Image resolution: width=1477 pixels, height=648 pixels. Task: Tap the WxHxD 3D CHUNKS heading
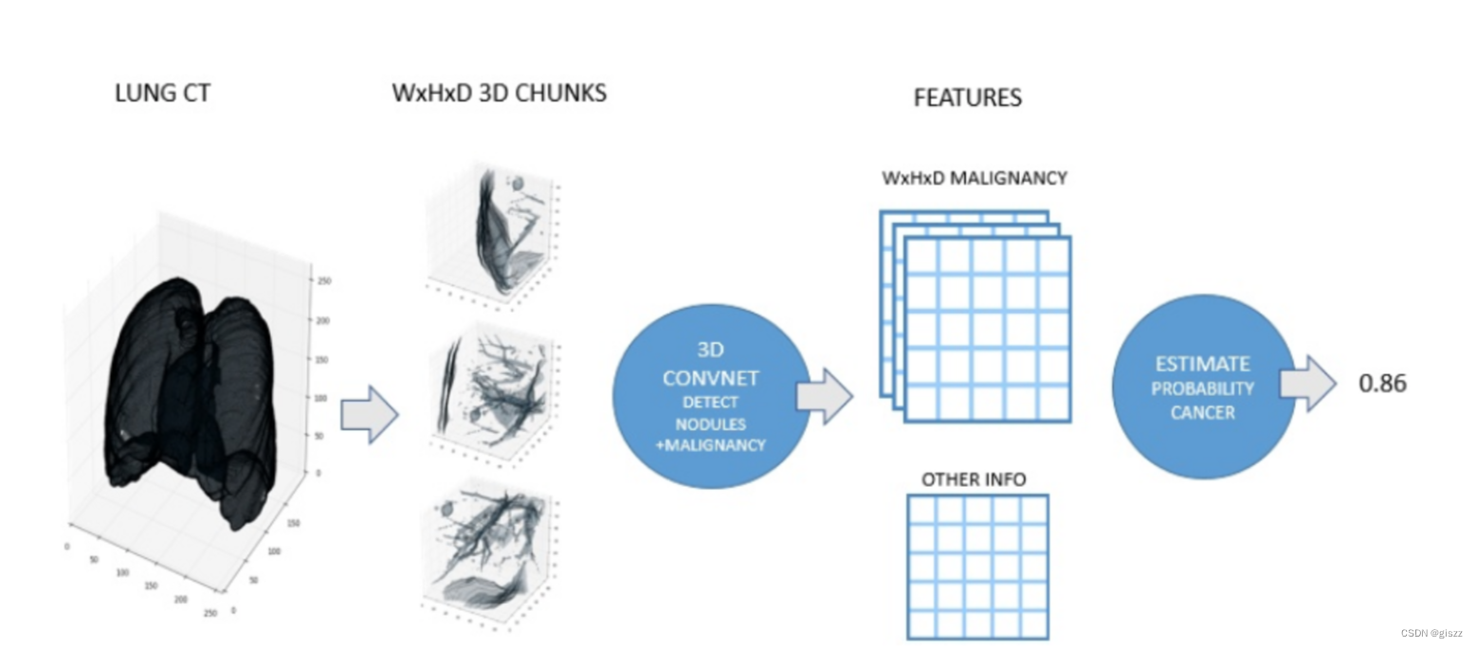(x=499, y=94)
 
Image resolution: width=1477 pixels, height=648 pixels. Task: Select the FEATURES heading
(x=967, y=98)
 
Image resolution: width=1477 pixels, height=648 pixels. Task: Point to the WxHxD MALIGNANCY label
(x=974, y=177)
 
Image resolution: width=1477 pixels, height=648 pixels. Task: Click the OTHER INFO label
(x=974, y=479)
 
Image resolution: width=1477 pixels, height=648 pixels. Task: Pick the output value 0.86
(x=1383, y=384)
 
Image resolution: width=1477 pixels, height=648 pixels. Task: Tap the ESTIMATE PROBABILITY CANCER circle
(x=1202, y=386)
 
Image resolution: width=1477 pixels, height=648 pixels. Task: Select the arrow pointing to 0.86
(x=1307, y=383)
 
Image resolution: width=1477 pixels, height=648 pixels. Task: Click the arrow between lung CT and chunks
(x=368, y=414)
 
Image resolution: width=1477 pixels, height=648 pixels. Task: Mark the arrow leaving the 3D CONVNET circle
(x=824, y=395)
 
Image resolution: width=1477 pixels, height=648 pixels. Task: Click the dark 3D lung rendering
(x=190, y=398)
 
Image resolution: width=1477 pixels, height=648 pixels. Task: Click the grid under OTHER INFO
(x=977, y=566)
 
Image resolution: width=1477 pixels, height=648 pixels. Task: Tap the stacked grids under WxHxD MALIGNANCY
(x=976, y=317)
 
